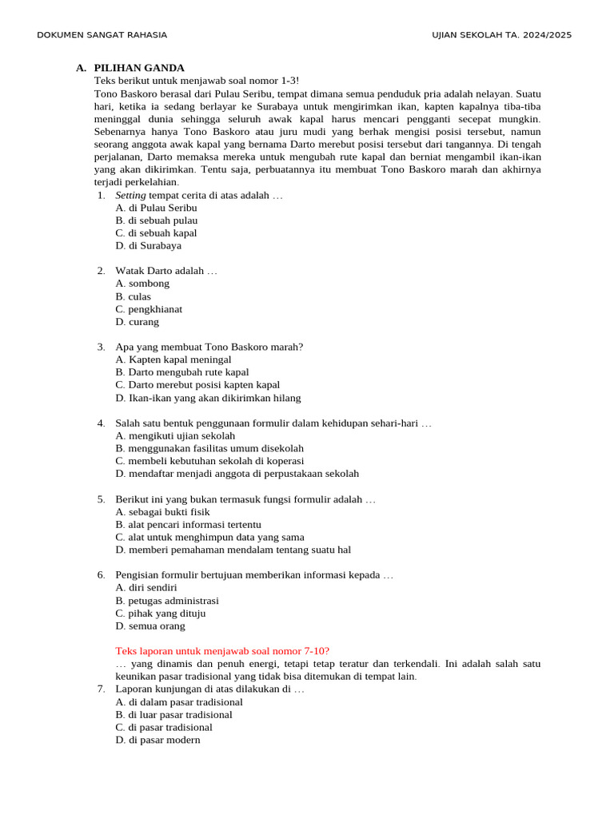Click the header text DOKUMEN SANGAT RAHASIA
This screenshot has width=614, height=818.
(102, 35)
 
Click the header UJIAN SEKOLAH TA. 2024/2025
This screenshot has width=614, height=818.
(501, 35)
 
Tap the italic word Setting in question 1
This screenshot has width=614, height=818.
(130, 195)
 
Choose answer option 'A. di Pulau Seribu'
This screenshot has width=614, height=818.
(156, 208)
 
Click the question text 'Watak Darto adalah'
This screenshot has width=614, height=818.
(165, 271)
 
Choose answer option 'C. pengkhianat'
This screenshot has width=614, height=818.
(149, 309)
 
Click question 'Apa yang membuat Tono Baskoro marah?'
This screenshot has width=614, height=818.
(209, 347)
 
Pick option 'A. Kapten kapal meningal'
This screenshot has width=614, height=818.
(173, 359)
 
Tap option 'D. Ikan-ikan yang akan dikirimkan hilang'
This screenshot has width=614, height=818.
(208, 398)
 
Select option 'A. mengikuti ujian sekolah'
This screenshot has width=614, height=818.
(175, 435)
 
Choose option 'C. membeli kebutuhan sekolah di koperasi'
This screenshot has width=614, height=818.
(209, 461)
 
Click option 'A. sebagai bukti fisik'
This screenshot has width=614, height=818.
(162, 511)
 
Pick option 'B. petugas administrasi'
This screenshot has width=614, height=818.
(167, 601)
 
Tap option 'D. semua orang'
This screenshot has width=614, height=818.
(150, 626)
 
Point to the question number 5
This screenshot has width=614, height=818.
(101, 499)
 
